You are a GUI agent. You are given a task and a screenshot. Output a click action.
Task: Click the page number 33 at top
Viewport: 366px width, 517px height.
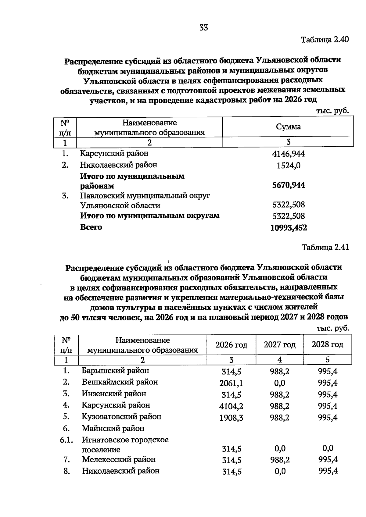point(203,28)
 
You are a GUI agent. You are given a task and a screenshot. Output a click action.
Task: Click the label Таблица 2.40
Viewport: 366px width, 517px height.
point(325,40)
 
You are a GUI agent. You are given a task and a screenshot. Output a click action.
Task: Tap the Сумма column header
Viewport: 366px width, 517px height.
point(288,127)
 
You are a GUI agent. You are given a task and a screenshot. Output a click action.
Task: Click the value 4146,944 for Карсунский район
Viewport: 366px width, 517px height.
point(288,154)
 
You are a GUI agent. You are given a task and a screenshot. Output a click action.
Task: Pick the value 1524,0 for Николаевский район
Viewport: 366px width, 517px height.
point(288,166)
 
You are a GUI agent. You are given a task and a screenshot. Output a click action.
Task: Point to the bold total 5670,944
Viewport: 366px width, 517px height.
point(288,185)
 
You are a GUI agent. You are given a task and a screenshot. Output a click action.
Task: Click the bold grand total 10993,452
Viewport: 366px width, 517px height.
point(289,228)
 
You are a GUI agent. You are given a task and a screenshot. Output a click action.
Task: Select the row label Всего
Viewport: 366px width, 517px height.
point(91,227)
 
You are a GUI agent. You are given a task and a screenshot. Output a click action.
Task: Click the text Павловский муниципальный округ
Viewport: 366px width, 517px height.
point(145,195)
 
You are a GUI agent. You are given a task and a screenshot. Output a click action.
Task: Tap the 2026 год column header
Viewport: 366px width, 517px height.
point(231,345)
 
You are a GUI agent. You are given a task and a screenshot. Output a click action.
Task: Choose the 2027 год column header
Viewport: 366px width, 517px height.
point(279,344)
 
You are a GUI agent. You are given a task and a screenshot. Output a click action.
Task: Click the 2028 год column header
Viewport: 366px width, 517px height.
point(327,344)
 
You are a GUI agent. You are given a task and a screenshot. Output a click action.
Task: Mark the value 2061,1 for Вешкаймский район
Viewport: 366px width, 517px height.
point(231,383)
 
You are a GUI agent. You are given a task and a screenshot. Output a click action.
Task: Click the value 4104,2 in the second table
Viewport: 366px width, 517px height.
point(231,406)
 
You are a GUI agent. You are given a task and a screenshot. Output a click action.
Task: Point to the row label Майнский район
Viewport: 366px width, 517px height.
point(113,429)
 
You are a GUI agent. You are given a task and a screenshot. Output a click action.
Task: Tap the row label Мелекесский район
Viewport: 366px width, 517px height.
point(119,459)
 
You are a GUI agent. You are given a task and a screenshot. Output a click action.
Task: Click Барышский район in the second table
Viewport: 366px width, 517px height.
point(115,371)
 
